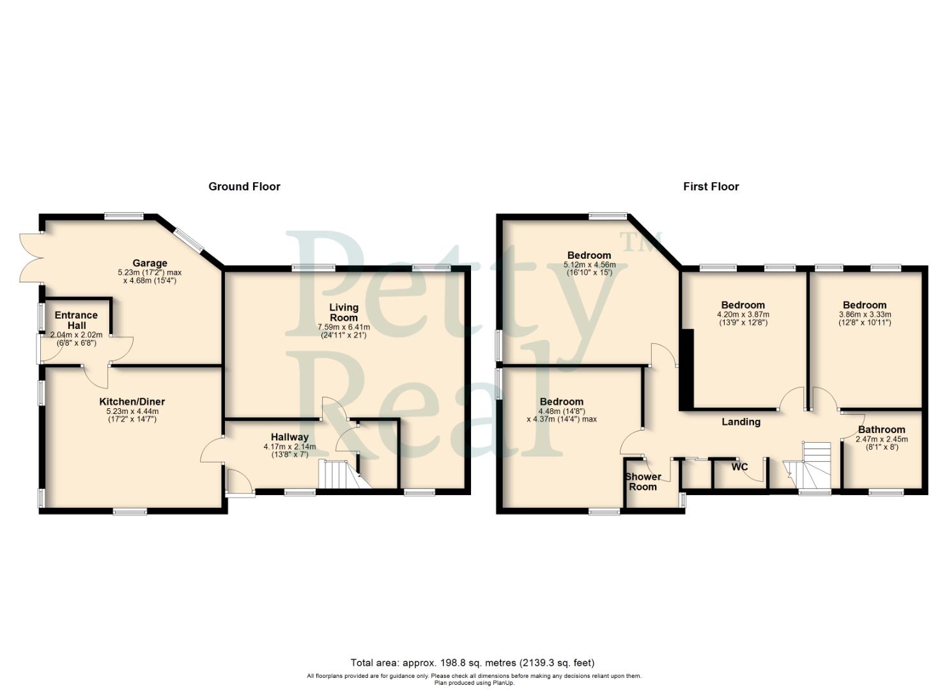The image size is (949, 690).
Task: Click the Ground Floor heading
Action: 244,187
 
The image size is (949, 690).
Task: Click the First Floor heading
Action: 711,187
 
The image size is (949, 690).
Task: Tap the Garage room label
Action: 150,263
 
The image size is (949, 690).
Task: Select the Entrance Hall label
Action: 76,320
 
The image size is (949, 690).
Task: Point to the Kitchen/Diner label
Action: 132,402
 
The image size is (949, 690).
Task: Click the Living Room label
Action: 344,312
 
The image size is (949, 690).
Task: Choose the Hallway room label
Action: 289,438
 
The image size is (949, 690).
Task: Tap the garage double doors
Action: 31,257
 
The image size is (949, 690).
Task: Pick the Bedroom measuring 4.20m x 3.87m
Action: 743,305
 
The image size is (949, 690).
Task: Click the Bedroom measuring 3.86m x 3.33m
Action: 864,305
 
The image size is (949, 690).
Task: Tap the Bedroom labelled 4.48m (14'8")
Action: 561,402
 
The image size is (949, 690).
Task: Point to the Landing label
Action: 741,422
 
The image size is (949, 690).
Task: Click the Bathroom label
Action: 881,430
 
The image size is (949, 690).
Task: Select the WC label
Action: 739,467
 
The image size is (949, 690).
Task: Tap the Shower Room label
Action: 643,482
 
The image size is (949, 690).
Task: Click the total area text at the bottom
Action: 472,663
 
